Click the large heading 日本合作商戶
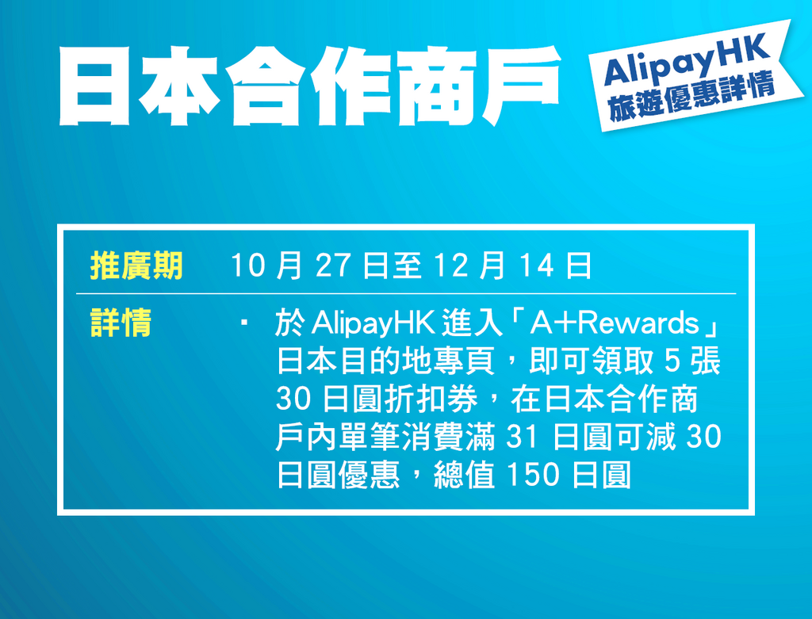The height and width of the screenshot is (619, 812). click(310, 86)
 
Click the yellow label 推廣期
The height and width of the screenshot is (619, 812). click(136, 266)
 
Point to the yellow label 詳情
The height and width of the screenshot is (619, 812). click(121, 323)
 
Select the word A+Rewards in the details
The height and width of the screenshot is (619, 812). click(615, 323)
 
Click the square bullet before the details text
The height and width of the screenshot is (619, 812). click(243, 323)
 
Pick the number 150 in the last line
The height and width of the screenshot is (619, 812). click(533, 475)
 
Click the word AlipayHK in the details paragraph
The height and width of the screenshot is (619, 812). click(373, 323)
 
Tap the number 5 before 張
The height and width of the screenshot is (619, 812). click(672, 361)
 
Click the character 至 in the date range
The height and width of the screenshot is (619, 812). click(409, 266)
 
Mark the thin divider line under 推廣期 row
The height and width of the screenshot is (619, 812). click(406, 293)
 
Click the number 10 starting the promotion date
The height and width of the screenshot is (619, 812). click(247, 266)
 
